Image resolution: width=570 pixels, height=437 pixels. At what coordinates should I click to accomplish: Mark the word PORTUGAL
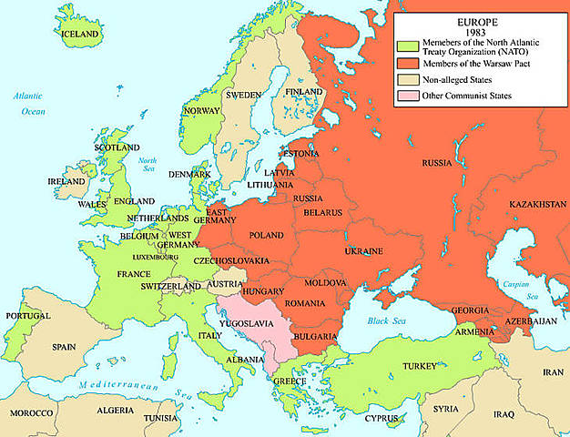27,316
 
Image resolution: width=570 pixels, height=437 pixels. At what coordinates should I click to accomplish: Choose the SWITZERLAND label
171,286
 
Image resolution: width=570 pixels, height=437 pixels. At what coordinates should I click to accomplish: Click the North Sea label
148,165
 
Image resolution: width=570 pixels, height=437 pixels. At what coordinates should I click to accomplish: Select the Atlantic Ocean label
33,104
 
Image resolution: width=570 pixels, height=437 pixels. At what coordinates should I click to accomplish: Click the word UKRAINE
363,250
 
